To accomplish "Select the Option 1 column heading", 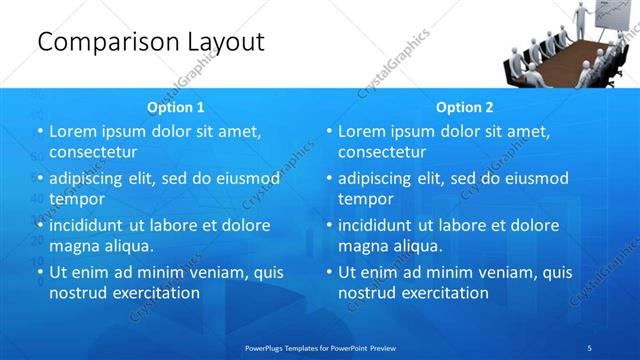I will pyautogui.click(x=176, y=107).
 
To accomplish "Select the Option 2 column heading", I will pyautogui.click(x=465, y=107).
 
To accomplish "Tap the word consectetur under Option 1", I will pyautogui.click(x=93, y=152).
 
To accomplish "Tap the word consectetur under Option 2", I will pyautogui.click(x=382, y=152).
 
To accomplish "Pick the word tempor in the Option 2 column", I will pyautogui.click(x=366, y=198).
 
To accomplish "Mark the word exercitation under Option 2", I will pyautogui.click(x=442, y=292).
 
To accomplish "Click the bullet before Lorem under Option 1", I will pyautogui.click(x=40, y=132).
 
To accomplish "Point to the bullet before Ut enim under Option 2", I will pyautogui.click(x=329, y=272).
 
